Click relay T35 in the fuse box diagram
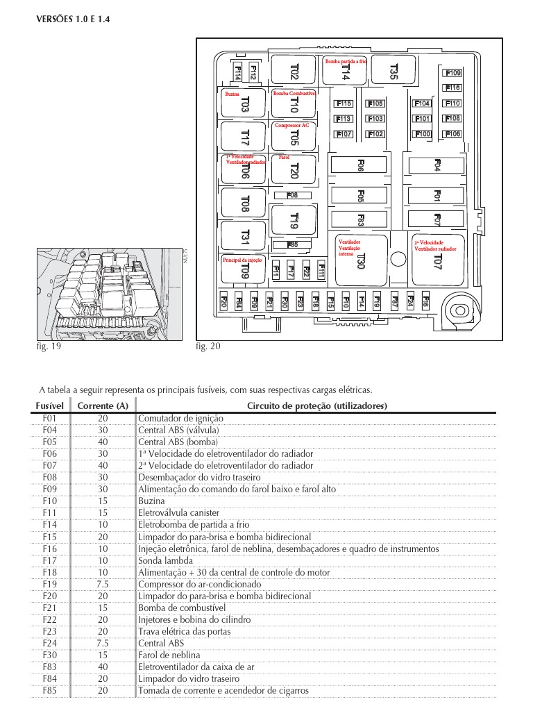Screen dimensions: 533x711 pyautogui.click(x=394, y=70)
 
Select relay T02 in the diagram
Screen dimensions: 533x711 pyautogui.click(x=294, y=72)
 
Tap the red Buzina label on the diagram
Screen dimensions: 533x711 pyautogui.click(x=232, y=92)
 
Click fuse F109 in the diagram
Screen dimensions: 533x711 pyautogui.click(x=452, y=73)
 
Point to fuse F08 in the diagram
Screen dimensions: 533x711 pyautogui.click(x=292, y=195)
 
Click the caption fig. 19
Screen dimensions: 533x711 pyautogui.click(x=48, y=347)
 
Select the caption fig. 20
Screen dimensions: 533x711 pyautogui.click(x=208, y=347)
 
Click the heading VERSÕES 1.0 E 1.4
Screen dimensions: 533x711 pyautogui.click(x=72, y=19)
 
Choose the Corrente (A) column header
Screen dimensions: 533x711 pyautogui.click(x=103, y=405)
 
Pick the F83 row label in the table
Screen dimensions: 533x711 pyautogui.click(x=49, y=667)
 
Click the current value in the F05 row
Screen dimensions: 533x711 pyautogui.click(x=103, y=442)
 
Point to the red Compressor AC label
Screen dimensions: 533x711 pyautogui.click(x=291, y=126)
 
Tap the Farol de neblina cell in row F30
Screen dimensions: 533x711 pyautogui.click(x=169, y=655)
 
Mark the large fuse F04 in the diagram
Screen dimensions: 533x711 pyautogui.click(x=437, y=165)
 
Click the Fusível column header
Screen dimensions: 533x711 pyautogui.click(x=49, y=405)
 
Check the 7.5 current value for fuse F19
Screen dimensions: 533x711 pyautogui.click(x=103, y=584)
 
